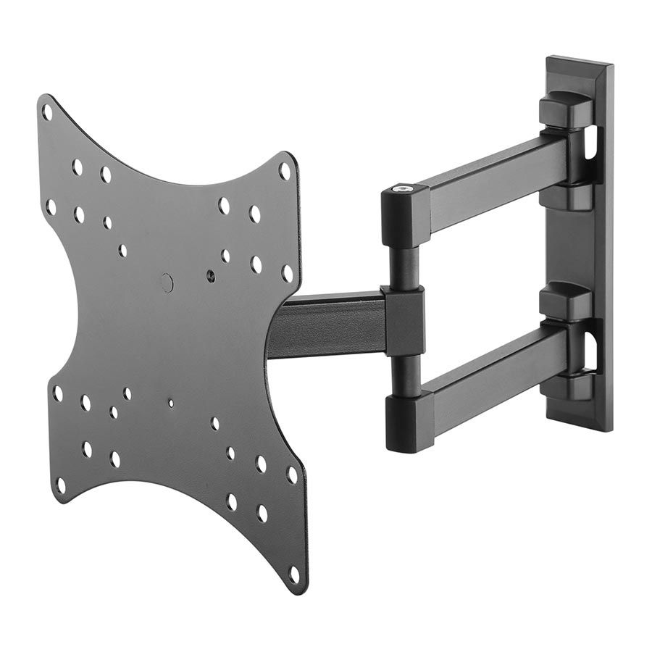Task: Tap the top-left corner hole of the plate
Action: (47, 112)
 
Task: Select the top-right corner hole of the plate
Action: (285, 171)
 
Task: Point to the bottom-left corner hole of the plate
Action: (61, 485)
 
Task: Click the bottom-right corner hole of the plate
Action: (293, 574)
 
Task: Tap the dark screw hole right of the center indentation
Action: (210, 277)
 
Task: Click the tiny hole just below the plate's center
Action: (171, 404)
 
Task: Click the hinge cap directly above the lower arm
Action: (565, 301)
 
